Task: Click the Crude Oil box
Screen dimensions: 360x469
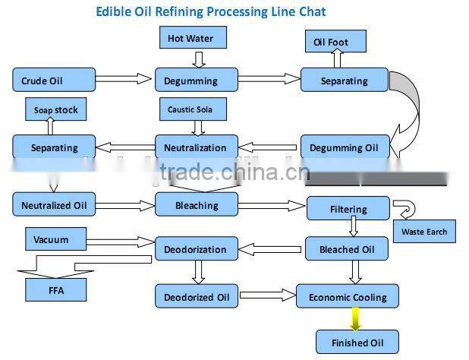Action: pyautogui.click(x=54, y=80)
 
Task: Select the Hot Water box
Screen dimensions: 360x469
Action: pyautogui.click(x=191, y=38)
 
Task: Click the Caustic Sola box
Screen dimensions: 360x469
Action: pyautogui.click(x=193, y=109)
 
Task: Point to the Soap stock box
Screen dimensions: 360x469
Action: pyautogui.click(x=55, y=110)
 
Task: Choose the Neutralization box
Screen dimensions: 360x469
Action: pyautogui.click(x=196, y=147)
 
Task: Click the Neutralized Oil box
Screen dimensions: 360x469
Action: pyautogui.click(x=54, y=204)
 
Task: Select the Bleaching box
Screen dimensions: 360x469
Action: pyautogui.click(x=196, y=204)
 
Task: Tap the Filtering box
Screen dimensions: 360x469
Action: pyautogui.click(x=348, y=209)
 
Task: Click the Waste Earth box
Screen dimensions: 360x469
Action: pyautogui.click(x=424, y=232)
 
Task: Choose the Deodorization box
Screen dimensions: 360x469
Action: pyautogui.click(x=196, y=248)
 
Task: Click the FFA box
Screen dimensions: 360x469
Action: pyautogui.click(x=56, y=289)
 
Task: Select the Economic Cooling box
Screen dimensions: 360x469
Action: pyautogui.click(x=348, y=297)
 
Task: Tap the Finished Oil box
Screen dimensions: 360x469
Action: pyautogui.click(x=357, y=343)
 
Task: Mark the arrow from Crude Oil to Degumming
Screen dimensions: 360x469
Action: pyautogui.click(x=124, y=78)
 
